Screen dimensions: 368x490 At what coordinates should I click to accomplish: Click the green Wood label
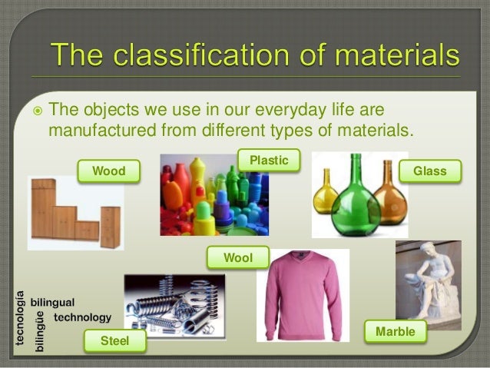tap(108, 171)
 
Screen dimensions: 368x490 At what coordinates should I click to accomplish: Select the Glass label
tap(429, 171)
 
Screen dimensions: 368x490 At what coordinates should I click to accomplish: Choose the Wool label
tap(237, 258)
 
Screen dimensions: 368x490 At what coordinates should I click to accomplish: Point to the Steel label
tap(114, 340)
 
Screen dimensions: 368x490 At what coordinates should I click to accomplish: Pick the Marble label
tap(396, 332)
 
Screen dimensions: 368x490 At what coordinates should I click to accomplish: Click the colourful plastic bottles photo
tap(214, 195)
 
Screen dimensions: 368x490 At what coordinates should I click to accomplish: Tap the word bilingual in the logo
tap(52, 303)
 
